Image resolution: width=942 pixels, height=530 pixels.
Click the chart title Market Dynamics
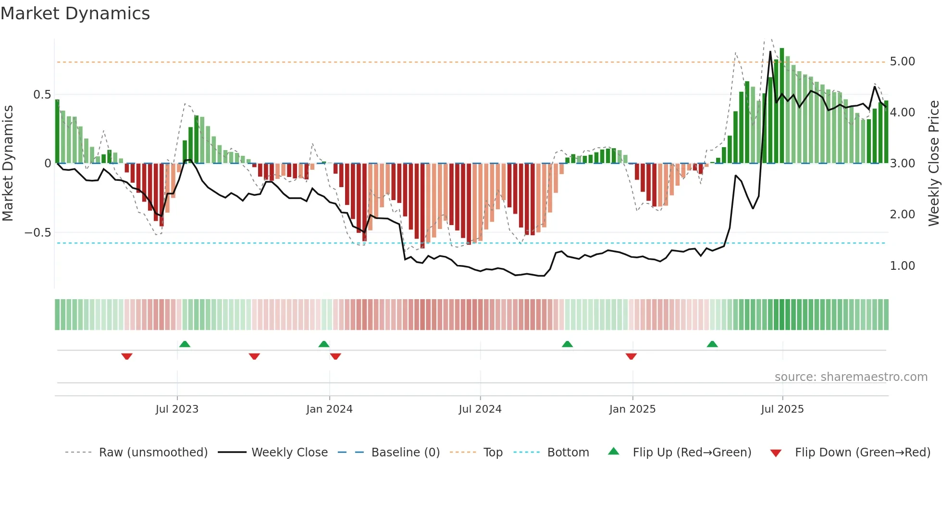coord(75,13)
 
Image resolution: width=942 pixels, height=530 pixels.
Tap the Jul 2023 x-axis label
coord(177,409)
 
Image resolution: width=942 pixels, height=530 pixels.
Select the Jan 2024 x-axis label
coord(329,409)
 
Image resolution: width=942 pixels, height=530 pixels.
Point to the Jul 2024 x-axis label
coord(480,409)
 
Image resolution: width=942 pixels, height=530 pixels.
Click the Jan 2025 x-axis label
coord(632,409)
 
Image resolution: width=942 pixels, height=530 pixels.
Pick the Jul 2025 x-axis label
coord(782,409)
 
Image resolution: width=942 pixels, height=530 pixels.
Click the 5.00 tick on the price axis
coord(902,62)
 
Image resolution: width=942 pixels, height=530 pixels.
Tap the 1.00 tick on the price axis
coord(902,266)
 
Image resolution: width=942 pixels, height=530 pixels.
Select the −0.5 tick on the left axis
coord(38,233)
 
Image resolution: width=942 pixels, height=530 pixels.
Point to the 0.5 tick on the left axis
coord(42,95)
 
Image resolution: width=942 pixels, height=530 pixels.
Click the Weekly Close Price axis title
coord(934,163)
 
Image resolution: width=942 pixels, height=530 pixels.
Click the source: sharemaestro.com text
coord(851,377)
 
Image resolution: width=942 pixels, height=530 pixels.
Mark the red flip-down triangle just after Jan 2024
coord(335,356)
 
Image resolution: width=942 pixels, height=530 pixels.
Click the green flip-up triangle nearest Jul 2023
coord(185,344)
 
